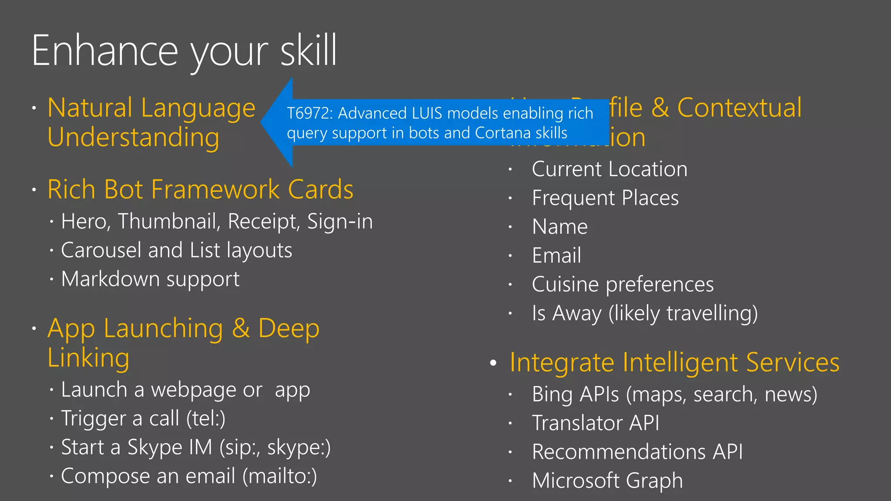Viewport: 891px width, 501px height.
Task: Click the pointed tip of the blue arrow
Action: (262, 122)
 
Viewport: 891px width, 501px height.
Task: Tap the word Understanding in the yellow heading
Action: (134, 137)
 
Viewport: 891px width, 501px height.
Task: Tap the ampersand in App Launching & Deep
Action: (241, 328)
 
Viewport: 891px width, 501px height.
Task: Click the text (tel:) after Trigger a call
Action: (206, 418)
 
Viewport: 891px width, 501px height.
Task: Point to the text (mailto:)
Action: (280, 476)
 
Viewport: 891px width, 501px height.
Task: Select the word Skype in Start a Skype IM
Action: (154, 448)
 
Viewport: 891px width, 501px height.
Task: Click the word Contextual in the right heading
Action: (739, 108)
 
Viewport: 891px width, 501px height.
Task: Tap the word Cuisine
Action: (566, 285)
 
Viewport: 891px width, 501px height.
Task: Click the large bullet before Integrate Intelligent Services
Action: (493, 363)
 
